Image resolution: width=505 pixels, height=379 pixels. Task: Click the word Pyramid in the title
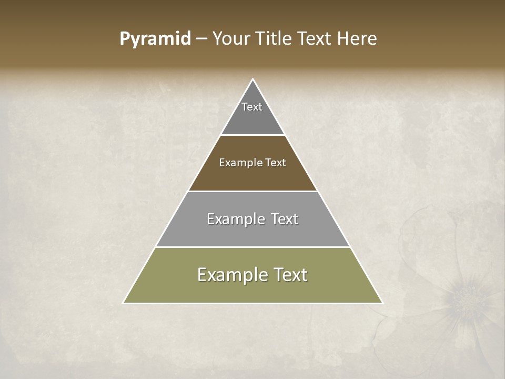pos(155,39)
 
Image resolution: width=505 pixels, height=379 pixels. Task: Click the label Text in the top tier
pos(252,107)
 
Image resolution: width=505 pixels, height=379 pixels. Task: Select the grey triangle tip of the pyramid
pos(252,118)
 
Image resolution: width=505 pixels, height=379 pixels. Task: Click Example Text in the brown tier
pos(252,163)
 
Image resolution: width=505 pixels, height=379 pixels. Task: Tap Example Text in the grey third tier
pos(252,219)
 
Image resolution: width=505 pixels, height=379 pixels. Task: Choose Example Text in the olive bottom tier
pos(252,275)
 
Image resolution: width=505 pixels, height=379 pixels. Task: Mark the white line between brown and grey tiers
pos(252,191)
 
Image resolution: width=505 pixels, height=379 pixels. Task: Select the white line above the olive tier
pos(252,247)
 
